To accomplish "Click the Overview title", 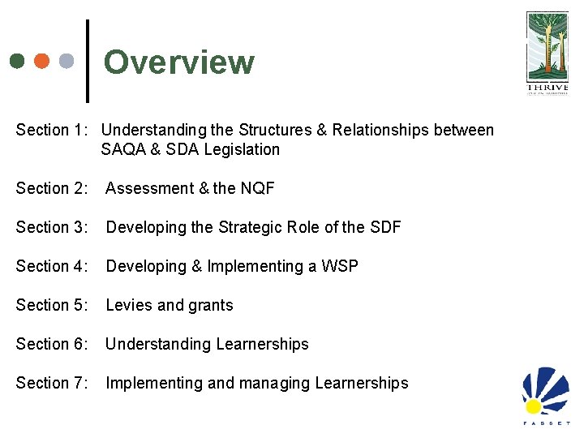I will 178,62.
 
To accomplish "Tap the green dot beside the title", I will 18,61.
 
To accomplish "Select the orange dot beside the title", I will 42,61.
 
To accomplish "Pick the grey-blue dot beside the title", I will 67,61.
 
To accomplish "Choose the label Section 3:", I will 53,227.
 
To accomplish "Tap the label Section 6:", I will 53,344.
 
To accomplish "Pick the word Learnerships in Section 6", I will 262,344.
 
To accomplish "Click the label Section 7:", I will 53,383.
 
